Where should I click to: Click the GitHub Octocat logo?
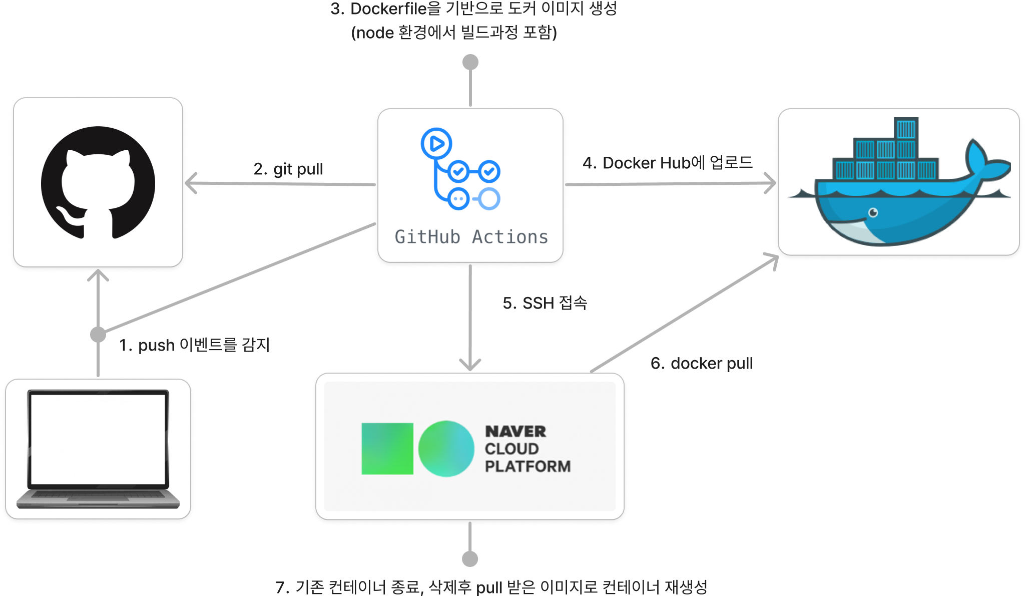(98, 183)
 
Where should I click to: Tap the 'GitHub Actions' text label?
(471, 237)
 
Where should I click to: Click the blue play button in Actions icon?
(436, 144)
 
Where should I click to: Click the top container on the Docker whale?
(906, 129)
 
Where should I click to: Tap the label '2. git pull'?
(288, 169)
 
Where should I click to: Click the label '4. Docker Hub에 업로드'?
(668, 163)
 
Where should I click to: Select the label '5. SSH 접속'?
(545, 303)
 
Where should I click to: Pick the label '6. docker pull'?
(702, 363)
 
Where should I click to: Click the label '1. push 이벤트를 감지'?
(195, 345)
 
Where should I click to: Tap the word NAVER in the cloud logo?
(516, 431)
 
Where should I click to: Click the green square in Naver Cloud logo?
(387, 449)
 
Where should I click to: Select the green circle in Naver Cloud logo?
(446, 449)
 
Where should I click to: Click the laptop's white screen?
(98, 439)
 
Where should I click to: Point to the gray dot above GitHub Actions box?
(470, 62)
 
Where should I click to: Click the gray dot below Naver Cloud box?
(470, 558)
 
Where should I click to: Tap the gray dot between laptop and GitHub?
(98, 334)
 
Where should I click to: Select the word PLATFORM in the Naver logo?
(528, 466)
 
